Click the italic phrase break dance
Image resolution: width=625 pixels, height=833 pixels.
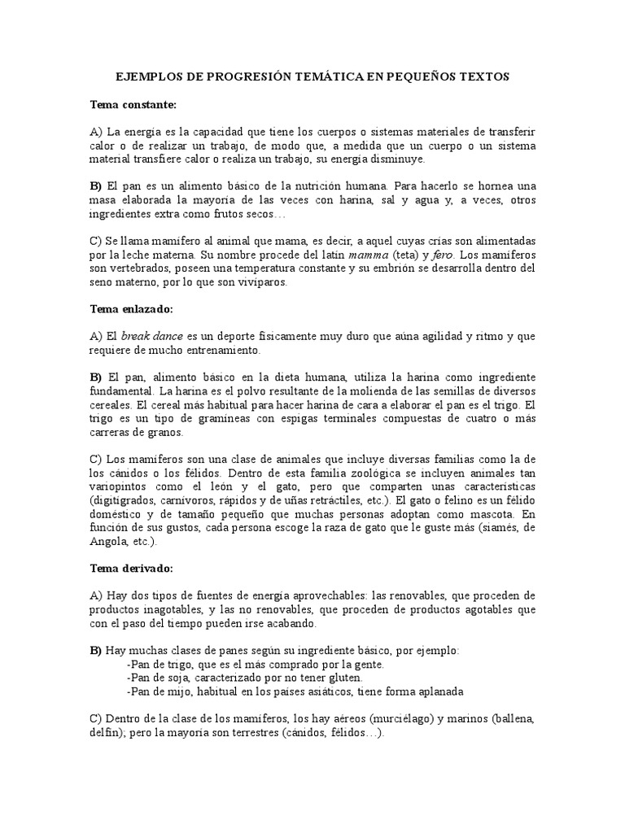pos(148,336)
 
